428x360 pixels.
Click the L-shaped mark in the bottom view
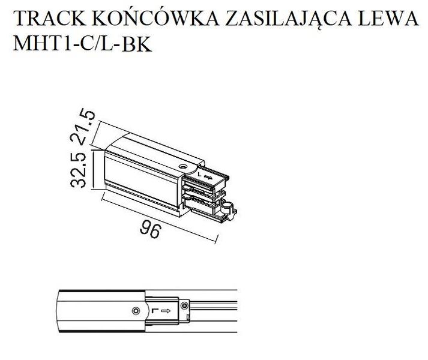point(155,311)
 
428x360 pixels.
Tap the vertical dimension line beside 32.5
point(94,170)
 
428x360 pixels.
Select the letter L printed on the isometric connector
point(200,176)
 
